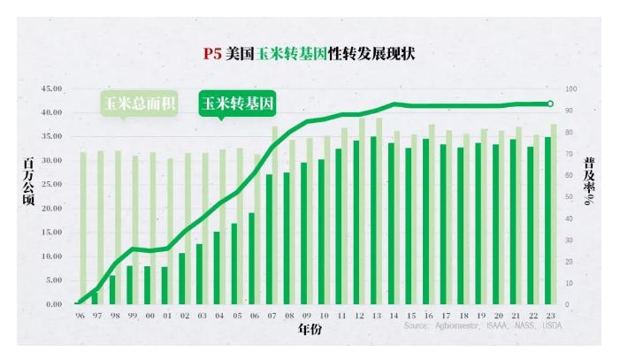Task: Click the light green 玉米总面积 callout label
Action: click(x=139, y=104)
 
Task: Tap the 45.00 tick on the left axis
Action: click(x=51, y=89)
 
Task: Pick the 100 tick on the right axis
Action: click(x=571, y=89)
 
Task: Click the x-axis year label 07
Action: click(x=271, y=316)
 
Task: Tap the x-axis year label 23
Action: click(x=550, y=316)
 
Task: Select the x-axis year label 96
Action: click(x=80, y=316)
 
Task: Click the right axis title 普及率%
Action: click(x=590, y=181)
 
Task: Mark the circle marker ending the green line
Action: click(x=550, y=104)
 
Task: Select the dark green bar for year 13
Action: click(x=373, y=220)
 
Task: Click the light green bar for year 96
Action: click(x=83, y=228)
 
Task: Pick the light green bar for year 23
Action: click(x=555, y=214)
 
